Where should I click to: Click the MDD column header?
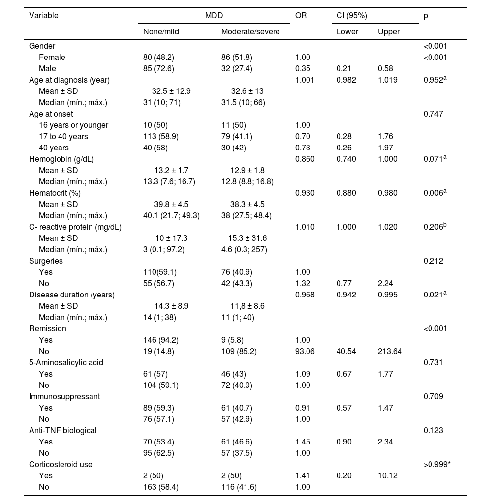[x=214, y=15]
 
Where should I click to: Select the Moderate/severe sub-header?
[x=250, y=32]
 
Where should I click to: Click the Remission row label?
[x=48, y=328]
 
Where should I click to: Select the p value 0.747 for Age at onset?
[x=433, y=114]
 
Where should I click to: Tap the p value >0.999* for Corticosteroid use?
[x=437, y=464]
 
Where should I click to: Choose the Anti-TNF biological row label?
[x=63, y=430]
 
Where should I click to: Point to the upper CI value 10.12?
[x=388, y=475]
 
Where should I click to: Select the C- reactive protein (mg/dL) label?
[x=75, y=227]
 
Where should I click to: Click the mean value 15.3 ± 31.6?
[x=247, y=238]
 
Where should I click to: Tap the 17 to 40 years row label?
[x=63, y=136]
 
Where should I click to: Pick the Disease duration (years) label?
[x=72, y=295]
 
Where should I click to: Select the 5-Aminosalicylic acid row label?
[x=66, y=362]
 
